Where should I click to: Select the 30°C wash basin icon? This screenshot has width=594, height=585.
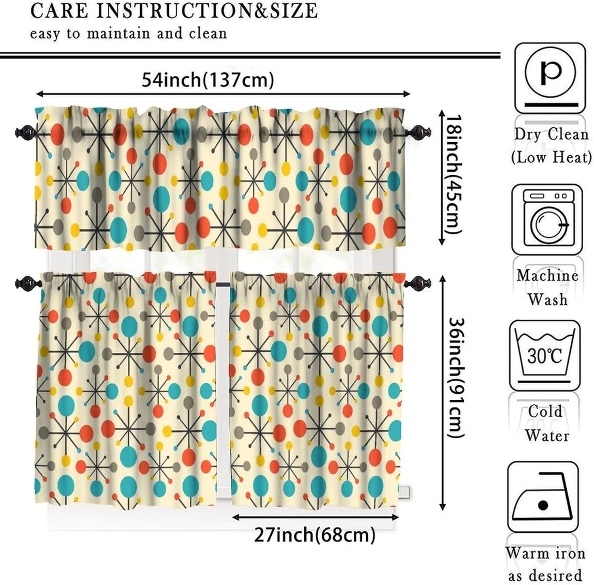pyautogui.click(x=545, y=355)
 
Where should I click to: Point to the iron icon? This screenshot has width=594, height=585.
pyautogui.click(x=543, y=497)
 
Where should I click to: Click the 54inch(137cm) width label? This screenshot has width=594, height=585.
pyautogui.click(x=208, y=80)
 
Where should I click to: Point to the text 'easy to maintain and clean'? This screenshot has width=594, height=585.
pyautogui.click(x=128, y=33)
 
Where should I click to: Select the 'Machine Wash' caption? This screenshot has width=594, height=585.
pyautogui.click(x=547, y=287)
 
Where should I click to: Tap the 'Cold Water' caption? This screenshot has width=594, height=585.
pyautogui.click(x=546, y=423)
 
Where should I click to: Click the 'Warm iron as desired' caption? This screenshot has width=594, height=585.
pyautogui.click(x=545, y=563)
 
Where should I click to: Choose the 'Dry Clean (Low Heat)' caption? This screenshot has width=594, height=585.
pyautogui.click(x=551, y=146)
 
